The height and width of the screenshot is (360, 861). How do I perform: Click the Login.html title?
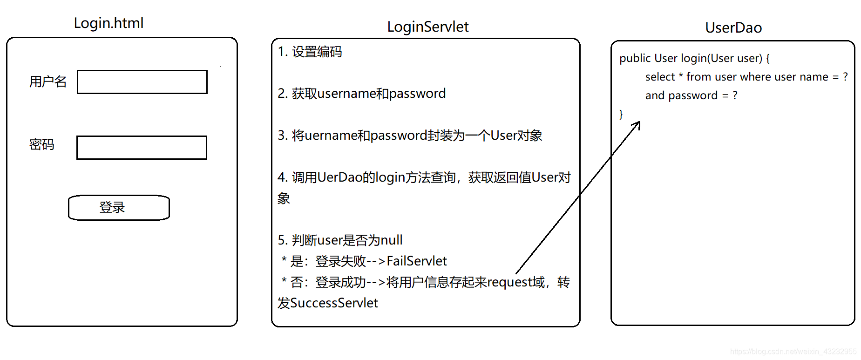pyautogui.click(x=108, y=23)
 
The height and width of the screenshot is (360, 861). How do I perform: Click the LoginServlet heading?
pyautogui.click(x=427, y=27)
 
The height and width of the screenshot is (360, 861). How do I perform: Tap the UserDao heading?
pyautogui.click(x=733, y=28)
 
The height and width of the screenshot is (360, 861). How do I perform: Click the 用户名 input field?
pyautogui.click(x=142, y=82)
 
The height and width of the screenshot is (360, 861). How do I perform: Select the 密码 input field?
pyautogui.click(x=142, y=148)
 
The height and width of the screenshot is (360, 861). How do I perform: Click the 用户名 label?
pyautogui.click(x=48, y=82)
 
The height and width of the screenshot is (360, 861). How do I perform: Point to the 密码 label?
pyautogui.click(x=42, y=145)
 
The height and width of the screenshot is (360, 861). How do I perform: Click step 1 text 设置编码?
pyautogui.click(x=317, y=52)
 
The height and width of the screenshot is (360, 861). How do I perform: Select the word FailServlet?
pyautogui.click(x=416, y=261)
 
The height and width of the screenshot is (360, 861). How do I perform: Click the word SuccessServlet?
pyautogui.click(x=334, y=303)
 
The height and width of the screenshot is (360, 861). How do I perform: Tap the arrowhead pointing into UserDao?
pyautogui.click(x=638, y=124)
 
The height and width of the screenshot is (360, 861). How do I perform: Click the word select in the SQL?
pyautogui.click(x=660, y=77)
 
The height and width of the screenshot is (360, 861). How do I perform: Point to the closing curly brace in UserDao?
pyautogui.click(x=621, y=114)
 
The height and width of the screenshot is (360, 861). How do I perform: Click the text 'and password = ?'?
pyautogui.click(x=691, y=95)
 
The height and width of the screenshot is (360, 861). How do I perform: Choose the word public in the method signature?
pyautogui.click(x=635, y=58)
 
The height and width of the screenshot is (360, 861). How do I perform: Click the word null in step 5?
pyautogui.click(x=391, y=240)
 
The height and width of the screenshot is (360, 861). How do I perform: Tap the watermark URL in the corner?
pyautogui.click(x=793, y=352)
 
